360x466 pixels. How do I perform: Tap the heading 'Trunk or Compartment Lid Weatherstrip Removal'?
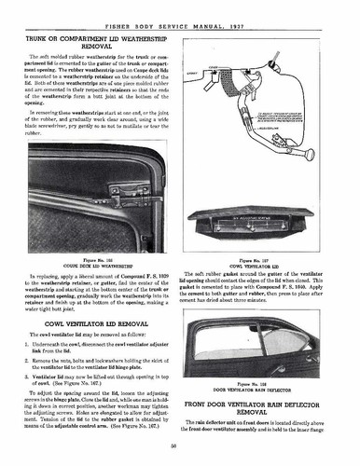pyautogui.click(x=91, y=41)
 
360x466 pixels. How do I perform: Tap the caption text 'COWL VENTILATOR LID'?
pyautogui.click(x=264, y=268)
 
